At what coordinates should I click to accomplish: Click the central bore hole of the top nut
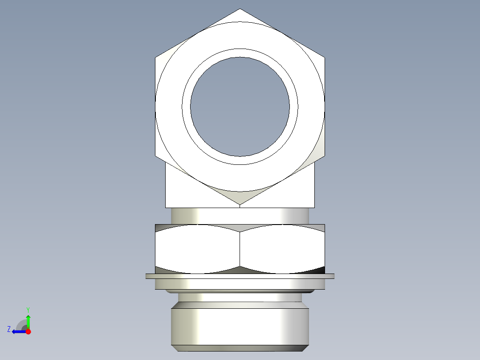point(240,106)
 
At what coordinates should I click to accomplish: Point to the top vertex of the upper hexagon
point(240,9)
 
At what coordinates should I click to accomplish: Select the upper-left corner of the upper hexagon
point(155,57)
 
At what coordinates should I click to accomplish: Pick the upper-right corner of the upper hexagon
point(325,57)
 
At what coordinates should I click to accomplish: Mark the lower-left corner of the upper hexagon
point(155,156)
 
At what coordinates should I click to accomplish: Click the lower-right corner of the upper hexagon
point(325,156)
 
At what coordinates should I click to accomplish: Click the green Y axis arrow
point(28,320)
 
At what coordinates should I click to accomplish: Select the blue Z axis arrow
point(17,331)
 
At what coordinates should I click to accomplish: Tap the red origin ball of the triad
point(28,331)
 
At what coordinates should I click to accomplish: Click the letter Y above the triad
point(28,309)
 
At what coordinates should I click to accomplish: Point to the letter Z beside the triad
point(9,329)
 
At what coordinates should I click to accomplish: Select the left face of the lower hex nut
point(198,250)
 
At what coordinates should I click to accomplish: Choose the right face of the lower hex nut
point(282,250)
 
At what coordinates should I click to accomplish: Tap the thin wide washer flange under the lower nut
point(240,276)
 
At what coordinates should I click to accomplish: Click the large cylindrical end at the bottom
point(240,327)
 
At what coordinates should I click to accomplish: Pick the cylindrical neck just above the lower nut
point(240,216)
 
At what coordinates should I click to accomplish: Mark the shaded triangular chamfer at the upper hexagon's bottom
point(240,196)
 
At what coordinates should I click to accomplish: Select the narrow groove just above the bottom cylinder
point(240,297)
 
